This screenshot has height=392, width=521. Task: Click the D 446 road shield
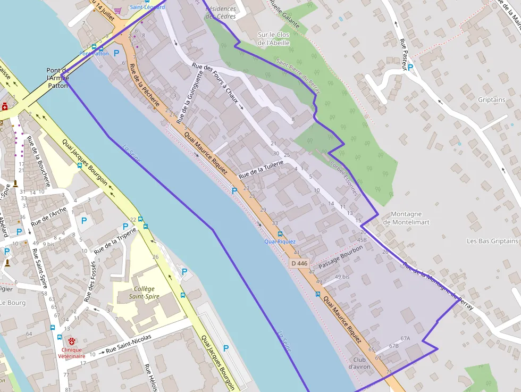click(x=299, y=263)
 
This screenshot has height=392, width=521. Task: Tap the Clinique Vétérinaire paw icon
click(x=72, y=340)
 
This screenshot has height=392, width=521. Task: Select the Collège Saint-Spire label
click(x=144, y=293)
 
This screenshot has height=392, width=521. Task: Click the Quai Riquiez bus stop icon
click(x=280, y=233)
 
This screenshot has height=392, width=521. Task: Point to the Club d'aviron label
click(x=359, y=363)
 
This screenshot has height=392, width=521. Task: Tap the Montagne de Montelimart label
click(x=406, y=218)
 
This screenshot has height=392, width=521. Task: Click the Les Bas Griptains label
click(x=492, y=241)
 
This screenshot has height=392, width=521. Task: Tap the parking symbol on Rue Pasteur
click(x=410, y=68)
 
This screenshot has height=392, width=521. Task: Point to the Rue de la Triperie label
click(x=115, y=240)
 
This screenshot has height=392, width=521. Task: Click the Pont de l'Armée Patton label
click(x=58, y=78)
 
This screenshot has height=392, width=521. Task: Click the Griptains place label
click(x=491, y=99)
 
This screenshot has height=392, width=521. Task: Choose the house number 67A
click(x=405, y=338)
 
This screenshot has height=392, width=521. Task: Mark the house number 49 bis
click(x=342, y=277)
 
